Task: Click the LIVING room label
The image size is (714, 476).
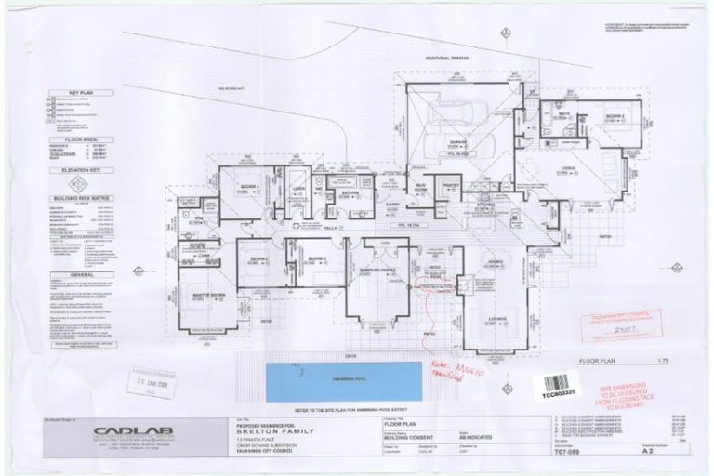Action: click(x=567, y=168)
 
